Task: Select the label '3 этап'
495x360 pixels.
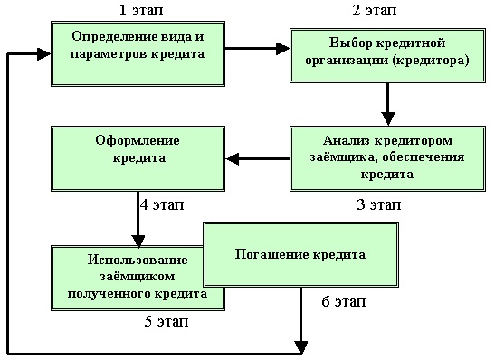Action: [379, 204]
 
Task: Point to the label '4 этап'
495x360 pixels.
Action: [162, 204]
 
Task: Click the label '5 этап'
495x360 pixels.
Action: [167, 321]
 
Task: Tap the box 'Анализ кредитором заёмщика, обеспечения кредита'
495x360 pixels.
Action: [387, 157]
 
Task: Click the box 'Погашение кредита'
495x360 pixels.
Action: [300, 254]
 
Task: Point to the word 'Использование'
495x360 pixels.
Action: [137, 261]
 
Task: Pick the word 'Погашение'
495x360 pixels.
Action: [263, 254]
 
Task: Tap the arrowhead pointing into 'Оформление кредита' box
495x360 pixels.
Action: [232, 160]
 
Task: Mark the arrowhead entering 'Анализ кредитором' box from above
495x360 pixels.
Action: [387, 118]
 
